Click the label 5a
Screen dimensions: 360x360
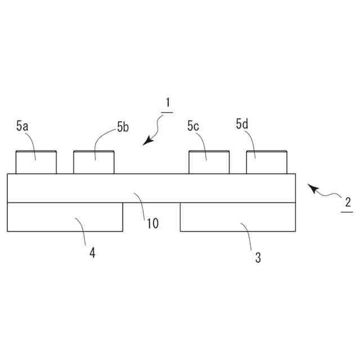pos(22,127)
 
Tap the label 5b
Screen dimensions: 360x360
pos(123,128)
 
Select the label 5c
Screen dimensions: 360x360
pos(193,127)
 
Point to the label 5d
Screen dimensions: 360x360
pos(242,124)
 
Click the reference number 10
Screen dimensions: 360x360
pos(152,223)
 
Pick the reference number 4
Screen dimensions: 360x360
pos(92,253)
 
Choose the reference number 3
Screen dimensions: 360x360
pos(258,258)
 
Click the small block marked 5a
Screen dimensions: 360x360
pos(35,163)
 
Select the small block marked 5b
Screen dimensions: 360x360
pos(94,163)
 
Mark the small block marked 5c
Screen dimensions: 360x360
pos(209,163)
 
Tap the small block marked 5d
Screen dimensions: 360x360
pos(267,163)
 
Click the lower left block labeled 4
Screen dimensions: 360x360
pos(65,217)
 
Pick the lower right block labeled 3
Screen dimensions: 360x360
pos(237,217)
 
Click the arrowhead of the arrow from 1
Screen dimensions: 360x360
pos(145,143)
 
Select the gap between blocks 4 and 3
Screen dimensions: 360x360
pos(151,217)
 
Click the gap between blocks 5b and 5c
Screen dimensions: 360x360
pos(151,163)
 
